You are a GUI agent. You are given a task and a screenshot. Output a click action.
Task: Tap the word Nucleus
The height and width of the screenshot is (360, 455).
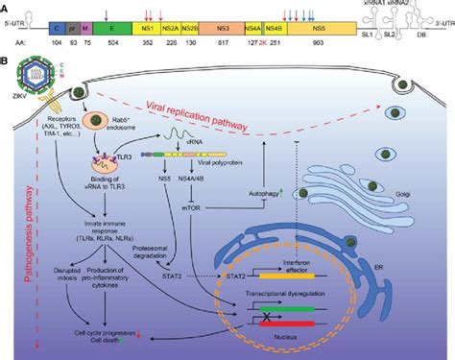[305, 339]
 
